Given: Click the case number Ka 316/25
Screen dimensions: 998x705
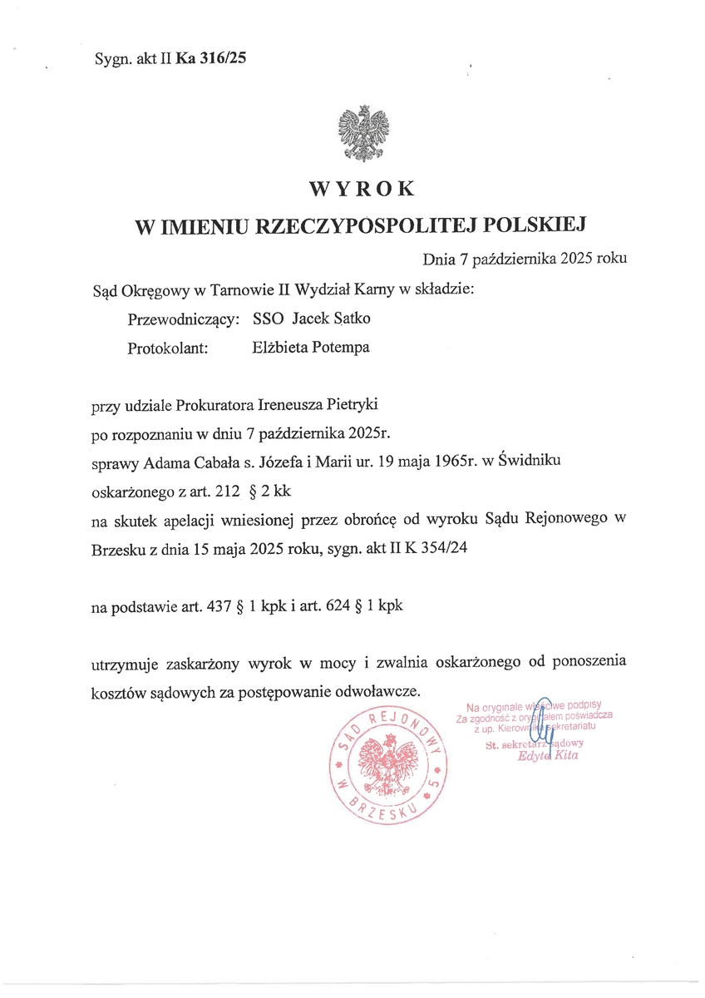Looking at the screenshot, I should [211, 58].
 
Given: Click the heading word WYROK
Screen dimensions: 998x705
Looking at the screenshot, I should [361, 190].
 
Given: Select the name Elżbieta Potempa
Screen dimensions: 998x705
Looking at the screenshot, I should [310, 348].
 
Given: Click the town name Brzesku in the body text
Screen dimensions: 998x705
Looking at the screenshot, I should [116, 548].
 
